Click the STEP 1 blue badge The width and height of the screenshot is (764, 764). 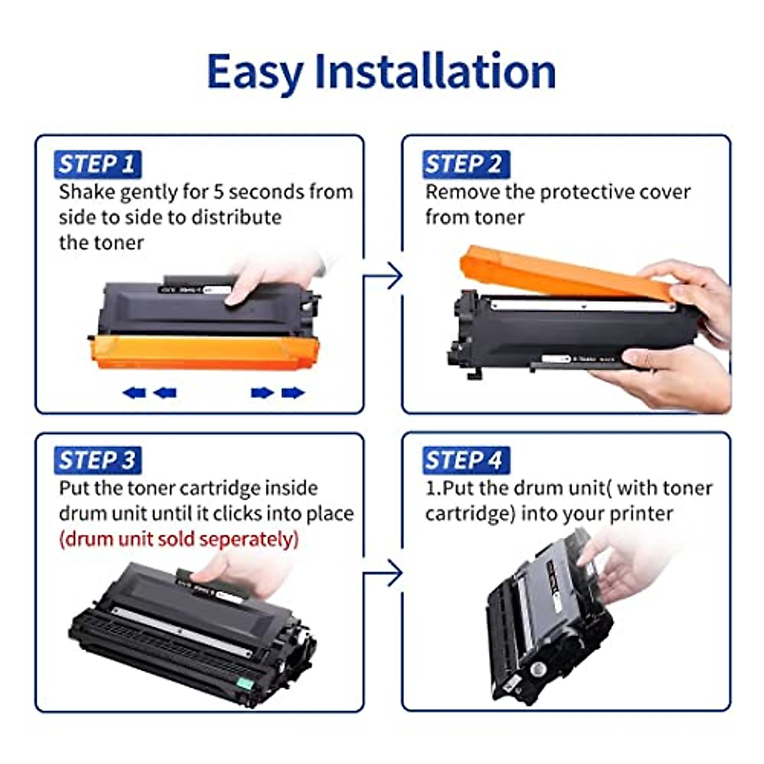[x=97, y=164]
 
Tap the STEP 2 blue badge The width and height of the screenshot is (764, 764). [x=463, y=164]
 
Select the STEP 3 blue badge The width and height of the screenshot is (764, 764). [x=97, y=460]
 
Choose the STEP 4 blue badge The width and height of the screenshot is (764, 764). [x=463, y=460]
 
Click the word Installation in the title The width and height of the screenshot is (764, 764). [x=435, y=71]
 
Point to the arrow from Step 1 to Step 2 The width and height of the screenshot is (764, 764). [x=385, y=276]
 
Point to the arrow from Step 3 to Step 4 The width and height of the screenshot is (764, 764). [x=385, y=574]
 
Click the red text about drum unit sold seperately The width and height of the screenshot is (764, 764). [x=178, y=539]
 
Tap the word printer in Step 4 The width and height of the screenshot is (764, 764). [x=642, y=514]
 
